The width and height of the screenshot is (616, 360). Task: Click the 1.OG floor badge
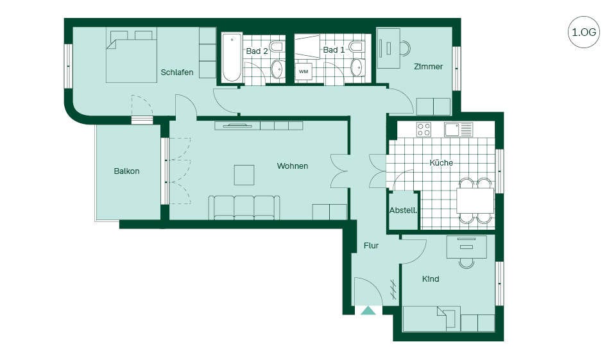tap(584, 32)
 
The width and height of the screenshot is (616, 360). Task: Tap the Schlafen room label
tap(177, 73)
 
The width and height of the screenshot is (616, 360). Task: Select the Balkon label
tap(126, 171)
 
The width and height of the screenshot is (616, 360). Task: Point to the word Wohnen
tap(293, 166)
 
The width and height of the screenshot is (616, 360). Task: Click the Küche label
tap(441, 162)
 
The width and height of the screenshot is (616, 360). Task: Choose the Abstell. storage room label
tap(403, 210)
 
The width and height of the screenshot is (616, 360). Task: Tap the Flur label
tap(371, 246)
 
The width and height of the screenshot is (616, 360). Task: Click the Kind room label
tap(431, 279)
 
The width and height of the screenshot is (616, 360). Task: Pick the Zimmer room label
tap(428, 67)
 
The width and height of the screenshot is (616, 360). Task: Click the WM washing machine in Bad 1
tap(304, 71)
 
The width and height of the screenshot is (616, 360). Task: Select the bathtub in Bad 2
tap(232, 58)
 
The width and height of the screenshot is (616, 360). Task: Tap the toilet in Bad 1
tap(356, 47)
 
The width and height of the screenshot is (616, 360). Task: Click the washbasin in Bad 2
tap(278, 69)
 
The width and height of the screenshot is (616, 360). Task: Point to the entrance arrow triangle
tap(368, 311)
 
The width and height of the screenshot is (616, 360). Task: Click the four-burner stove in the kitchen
tap(424, 129)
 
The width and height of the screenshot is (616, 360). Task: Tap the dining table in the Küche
tap(475, 200)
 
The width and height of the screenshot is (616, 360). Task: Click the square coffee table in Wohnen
tap(244, 175)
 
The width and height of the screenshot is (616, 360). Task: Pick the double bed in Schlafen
tap(131, 57)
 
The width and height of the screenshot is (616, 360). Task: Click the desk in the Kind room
tap(466, 247)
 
